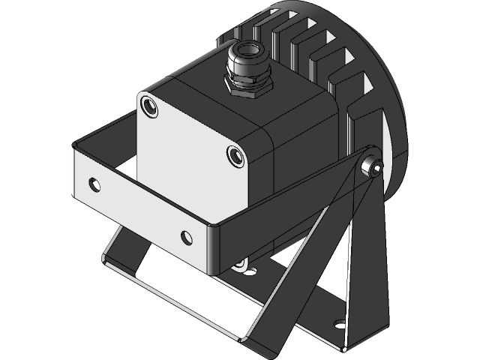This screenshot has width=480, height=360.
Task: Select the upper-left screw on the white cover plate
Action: pyautogui.click(x=151, y=107)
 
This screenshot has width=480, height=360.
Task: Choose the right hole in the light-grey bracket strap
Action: pyautogui.click(x=185, y=237)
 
